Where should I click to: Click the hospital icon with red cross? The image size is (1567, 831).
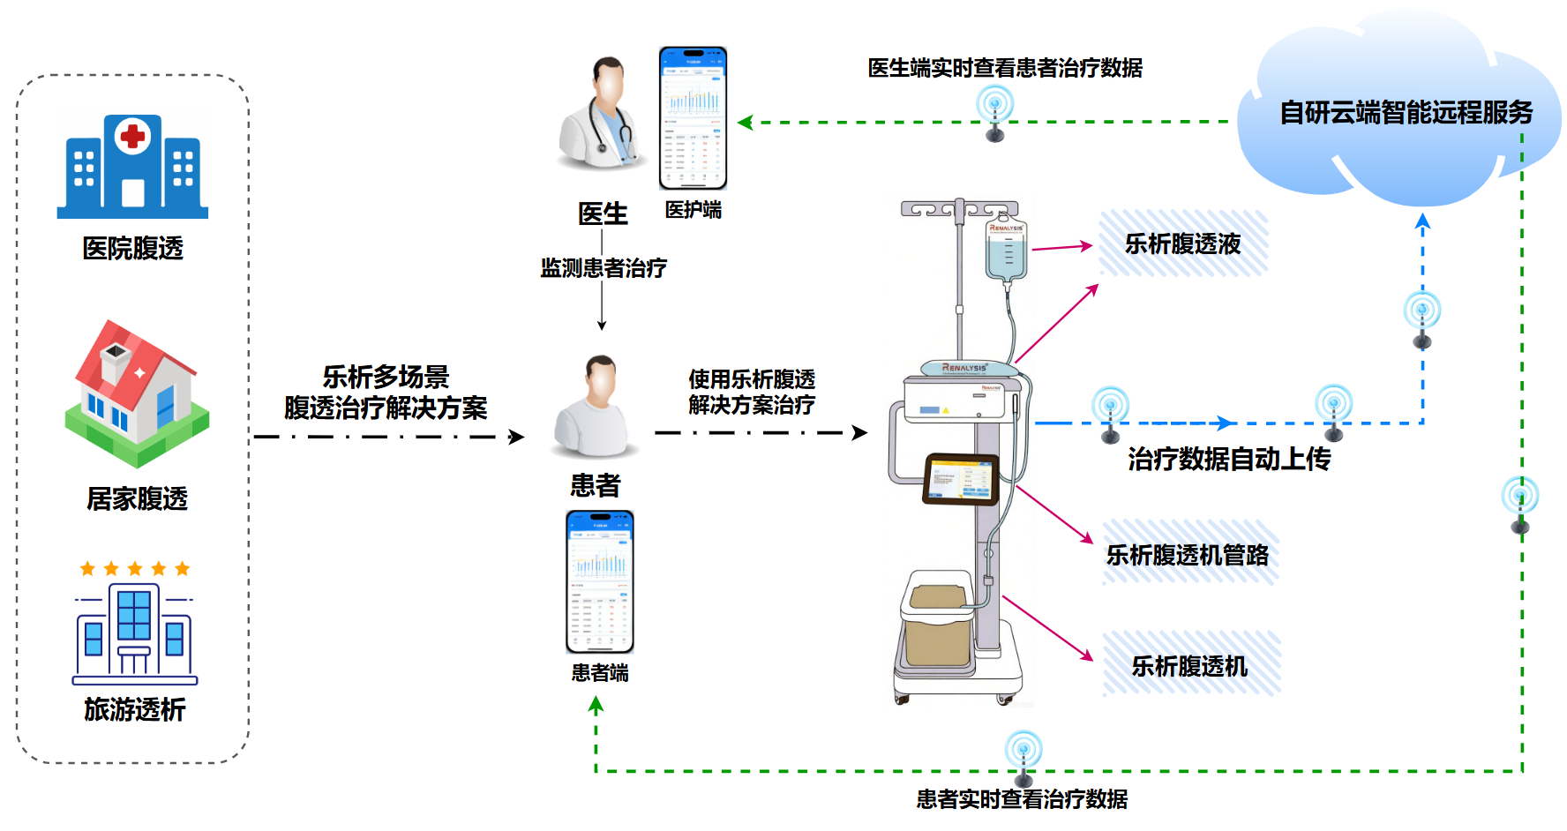tap(132, 167)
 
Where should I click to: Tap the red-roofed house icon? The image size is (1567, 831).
tap(137, 393)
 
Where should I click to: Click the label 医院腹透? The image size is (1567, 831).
tap(132, 249)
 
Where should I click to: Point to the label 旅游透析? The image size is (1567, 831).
tap(134, 709)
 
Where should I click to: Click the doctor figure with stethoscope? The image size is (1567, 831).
tap(603, 115)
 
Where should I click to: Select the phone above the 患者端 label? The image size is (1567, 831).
tap(600, 581)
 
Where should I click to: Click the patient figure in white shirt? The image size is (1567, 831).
tap(596, 408)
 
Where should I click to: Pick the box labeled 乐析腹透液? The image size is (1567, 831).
tap(1183, 243)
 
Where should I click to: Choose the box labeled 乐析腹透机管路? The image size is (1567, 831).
tap(1188, 554)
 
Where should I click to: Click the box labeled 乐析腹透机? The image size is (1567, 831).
tap(1190, 665)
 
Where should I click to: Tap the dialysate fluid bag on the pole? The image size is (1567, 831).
tap(1006, 251)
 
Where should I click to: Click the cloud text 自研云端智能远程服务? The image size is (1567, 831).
tap(1406, 113)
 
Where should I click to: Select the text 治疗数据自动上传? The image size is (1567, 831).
tap(1229, 459)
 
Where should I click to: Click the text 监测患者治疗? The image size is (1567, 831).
tap(604, 268)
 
